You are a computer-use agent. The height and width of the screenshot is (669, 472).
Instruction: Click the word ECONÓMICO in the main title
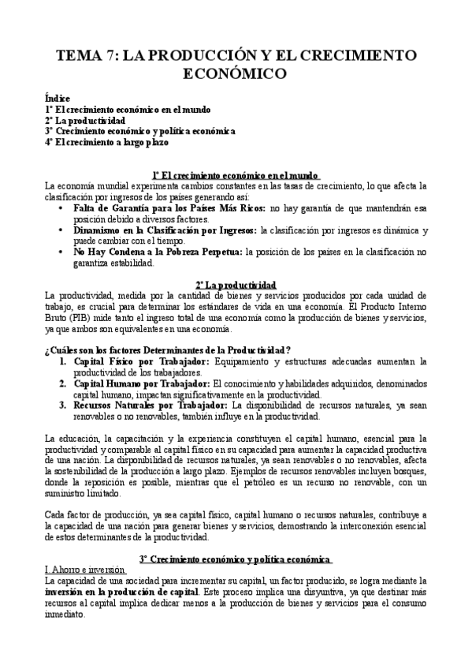pos(236,73)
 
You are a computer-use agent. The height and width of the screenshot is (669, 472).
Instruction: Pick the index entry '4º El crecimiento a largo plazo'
pos(106,143)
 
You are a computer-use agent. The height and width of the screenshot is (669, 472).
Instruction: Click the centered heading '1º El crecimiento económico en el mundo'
pos(236,175)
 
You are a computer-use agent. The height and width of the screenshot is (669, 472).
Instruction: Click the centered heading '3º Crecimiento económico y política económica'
pos(236,559)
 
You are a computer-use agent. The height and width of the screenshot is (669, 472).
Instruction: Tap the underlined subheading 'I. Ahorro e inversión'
pos(85,570)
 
